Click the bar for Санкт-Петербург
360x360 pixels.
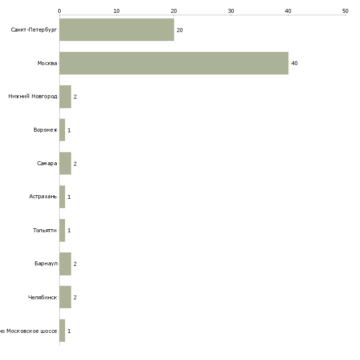(117, 30)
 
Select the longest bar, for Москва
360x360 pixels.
(174, 63)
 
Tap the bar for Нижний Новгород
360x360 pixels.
(65, 97)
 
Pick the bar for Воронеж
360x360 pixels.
(62, 130)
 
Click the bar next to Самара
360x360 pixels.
(65, 163)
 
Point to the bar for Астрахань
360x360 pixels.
(62, 197)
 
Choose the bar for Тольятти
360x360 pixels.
(62, 230)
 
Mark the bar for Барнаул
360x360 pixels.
(65, 264)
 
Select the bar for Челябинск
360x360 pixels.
(65, 297)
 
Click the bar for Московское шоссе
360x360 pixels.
(62, 330)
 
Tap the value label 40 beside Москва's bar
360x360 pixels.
(294, 63)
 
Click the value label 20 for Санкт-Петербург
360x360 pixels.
(180, 30)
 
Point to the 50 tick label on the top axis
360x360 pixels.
(345, 11)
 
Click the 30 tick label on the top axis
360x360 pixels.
(231, 11)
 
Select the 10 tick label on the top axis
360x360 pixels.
(117, 11)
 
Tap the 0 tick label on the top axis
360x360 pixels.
(60, 11)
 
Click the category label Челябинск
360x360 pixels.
(42, 297)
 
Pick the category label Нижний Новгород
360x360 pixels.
(33, 97)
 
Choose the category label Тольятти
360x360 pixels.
(45, 230)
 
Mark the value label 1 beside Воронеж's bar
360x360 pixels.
(69, 130)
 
